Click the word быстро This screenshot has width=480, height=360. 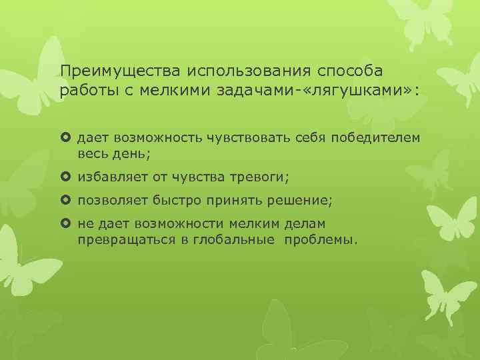click(x=174, y=201)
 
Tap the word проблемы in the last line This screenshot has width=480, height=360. click(x=320, y=239)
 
